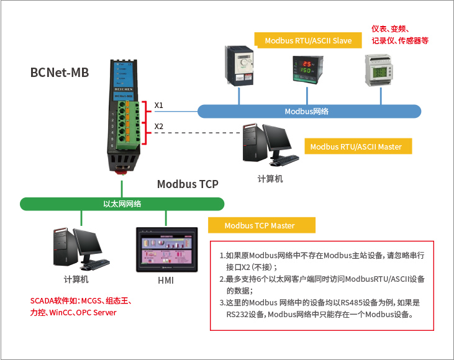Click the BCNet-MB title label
click(60, 73)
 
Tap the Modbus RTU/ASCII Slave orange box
click(308, 40)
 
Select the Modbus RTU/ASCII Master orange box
click(356, 146)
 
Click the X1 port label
click(159, 105)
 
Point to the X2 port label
click(159, 126)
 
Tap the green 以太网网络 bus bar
click(122, 204)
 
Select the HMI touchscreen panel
click(166, 250)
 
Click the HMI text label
click(166, 281)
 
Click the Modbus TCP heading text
click(188, 184)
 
